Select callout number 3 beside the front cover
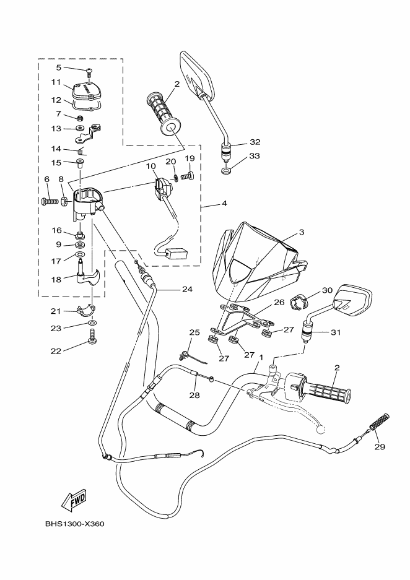[301, 232]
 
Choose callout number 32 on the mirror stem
[237, 141]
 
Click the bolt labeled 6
[48, 201]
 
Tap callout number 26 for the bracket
[279, 303]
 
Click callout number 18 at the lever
[55, 279]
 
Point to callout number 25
[194, 332]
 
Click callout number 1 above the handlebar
[261, 358]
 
